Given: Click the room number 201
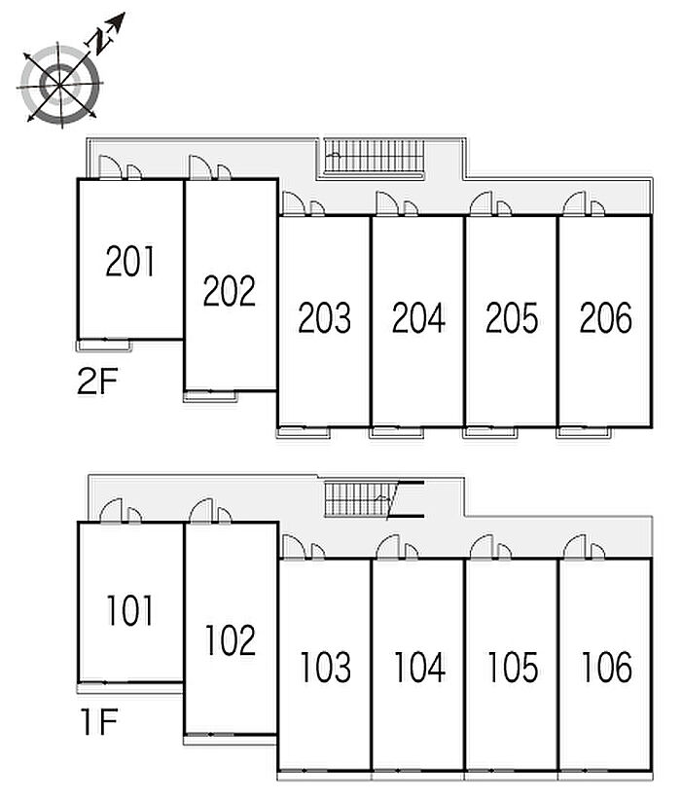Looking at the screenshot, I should [x=130, y=262].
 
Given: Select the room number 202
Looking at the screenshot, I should [x=230, y=290].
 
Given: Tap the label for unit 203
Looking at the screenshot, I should [x=324, y=317].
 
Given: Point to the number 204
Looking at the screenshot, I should [x=418, y=317].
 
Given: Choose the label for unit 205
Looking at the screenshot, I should [x=512, y=317].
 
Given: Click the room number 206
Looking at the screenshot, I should [x=605, y=317].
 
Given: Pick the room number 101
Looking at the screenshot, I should [x=130, y=611].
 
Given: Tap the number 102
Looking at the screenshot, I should [x=231, y=639].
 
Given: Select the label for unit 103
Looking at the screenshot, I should [x=325, y=668].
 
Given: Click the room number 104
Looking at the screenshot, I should [x=419, y=668].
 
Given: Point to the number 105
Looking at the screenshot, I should [x=513, y=668].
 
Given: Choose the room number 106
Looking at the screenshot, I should [x=606, y=668].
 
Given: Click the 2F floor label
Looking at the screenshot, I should [x=97, y=382].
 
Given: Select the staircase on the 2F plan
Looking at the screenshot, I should [x=374, y=156].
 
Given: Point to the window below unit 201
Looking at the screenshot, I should [x=104, y=343].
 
